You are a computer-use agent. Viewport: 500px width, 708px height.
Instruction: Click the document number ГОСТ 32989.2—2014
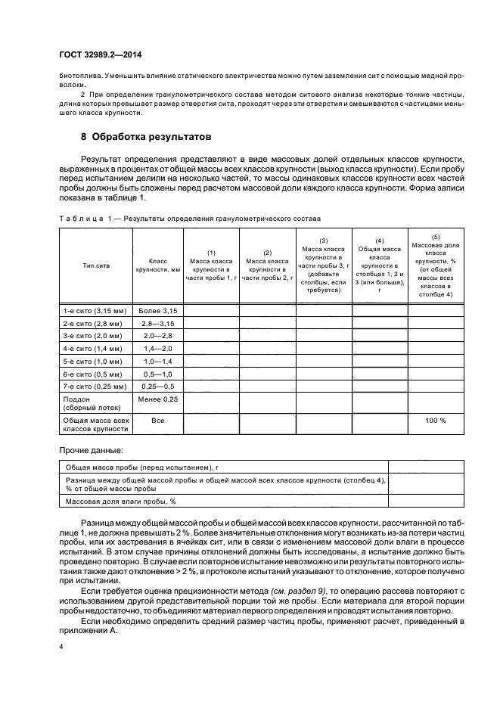[96, 54]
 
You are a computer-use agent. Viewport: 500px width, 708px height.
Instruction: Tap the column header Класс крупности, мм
[157, 266]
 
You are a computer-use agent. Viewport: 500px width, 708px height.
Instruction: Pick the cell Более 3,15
[158, 310]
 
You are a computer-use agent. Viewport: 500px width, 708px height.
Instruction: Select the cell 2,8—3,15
[158, 323]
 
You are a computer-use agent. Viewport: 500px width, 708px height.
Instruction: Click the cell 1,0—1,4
[158, 361]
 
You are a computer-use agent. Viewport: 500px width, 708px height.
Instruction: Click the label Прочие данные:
[81, 451]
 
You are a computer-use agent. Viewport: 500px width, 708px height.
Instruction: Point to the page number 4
[61, 647]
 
